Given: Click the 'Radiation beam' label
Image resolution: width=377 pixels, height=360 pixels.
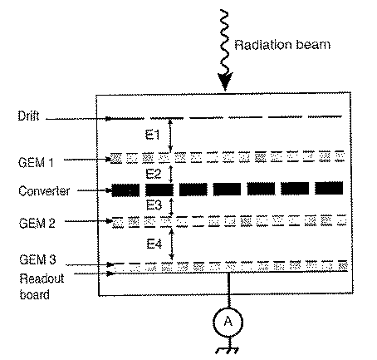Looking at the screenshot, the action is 282,45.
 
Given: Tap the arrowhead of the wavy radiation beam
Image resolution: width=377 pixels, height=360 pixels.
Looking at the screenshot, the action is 225,81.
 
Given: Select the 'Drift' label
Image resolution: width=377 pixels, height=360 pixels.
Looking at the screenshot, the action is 28,116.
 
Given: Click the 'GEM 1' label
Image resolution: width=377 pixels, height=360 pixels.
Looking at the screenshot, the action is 36,162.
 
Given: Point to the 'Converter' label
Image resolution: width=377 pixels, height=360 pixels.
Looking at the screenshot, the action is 44,191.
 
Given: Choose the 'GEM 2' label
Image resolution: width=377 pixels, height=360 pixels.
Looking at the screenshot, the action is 37,223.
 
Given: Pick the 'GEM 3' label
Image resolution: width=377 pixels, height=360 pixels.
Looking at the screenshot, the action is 37,259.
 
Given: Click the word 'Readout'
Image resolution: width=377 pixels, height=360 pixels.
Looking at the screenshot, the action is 42,279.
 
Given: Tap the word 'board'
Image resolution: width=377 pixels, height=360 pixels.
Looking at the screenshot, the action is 35,294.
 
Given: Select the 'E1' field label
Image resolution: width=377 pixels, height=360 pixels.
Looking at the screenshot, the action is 153,135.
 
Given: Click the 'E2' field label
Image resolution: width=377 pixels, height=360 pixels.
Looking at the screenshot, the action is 154,174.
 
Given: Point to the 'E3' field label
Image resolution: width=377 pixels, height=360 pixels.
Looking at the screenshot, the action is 154,205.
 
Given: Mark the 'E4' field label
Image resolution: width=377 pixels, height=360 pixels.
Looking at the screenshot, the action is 154,244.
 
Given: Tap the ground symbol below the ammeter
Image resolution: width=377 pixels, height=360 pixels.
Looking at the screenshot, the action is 227,350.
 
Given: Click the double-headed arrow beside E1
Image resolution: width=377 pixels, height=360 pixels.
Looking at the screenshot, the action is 170,136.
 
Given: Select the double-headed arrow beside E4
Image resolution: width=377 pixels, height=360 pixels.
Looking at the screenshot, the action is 172,244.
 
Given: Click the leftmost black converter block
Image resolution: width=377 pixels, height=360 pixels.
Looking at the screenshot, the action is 125,190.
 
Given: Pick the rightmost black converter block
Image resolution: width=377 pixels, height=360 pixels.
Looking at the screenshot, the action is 329,189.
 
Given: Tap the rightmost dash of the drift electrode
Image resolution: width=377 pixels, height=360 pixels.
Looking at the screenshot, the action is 325,116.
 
